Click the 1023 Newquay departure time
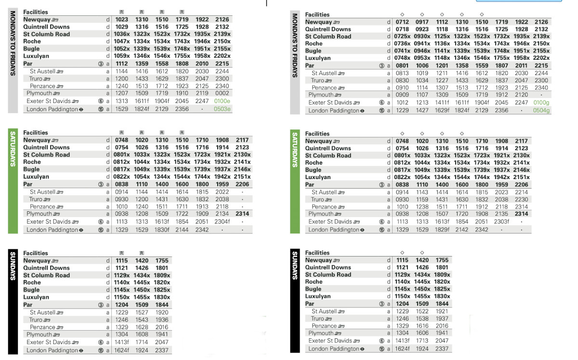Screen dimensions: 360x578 pos(121,20)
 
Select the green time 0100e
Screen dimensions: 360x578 pos(222,102)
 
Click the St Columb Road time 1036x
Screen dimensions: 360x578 pos(121,34)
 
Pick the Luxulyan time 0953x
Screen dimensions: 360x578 pos(421,58)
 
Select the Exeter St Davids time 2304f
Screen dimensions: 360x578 pos(222,222)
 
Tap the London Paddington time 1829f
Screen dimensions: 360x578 pos(442,230)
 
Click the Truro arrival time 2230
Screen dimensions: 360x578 pos(521,200)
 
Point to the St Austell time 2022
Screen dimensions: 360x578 pos(222,192)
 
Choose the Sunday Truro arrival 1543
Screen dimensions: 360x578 pos(142,320)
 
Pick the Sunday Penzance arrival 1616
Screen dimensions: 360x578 pos(421,326)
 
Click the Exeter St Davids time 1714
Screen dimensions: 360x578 pos(142,342)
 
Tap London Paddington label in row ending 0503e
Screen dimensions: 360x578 pos(52,109)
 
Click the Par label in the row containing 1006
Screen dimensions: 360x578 pos(310,66)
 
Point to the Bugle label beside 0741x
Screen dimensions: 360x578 pos(313,51)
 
